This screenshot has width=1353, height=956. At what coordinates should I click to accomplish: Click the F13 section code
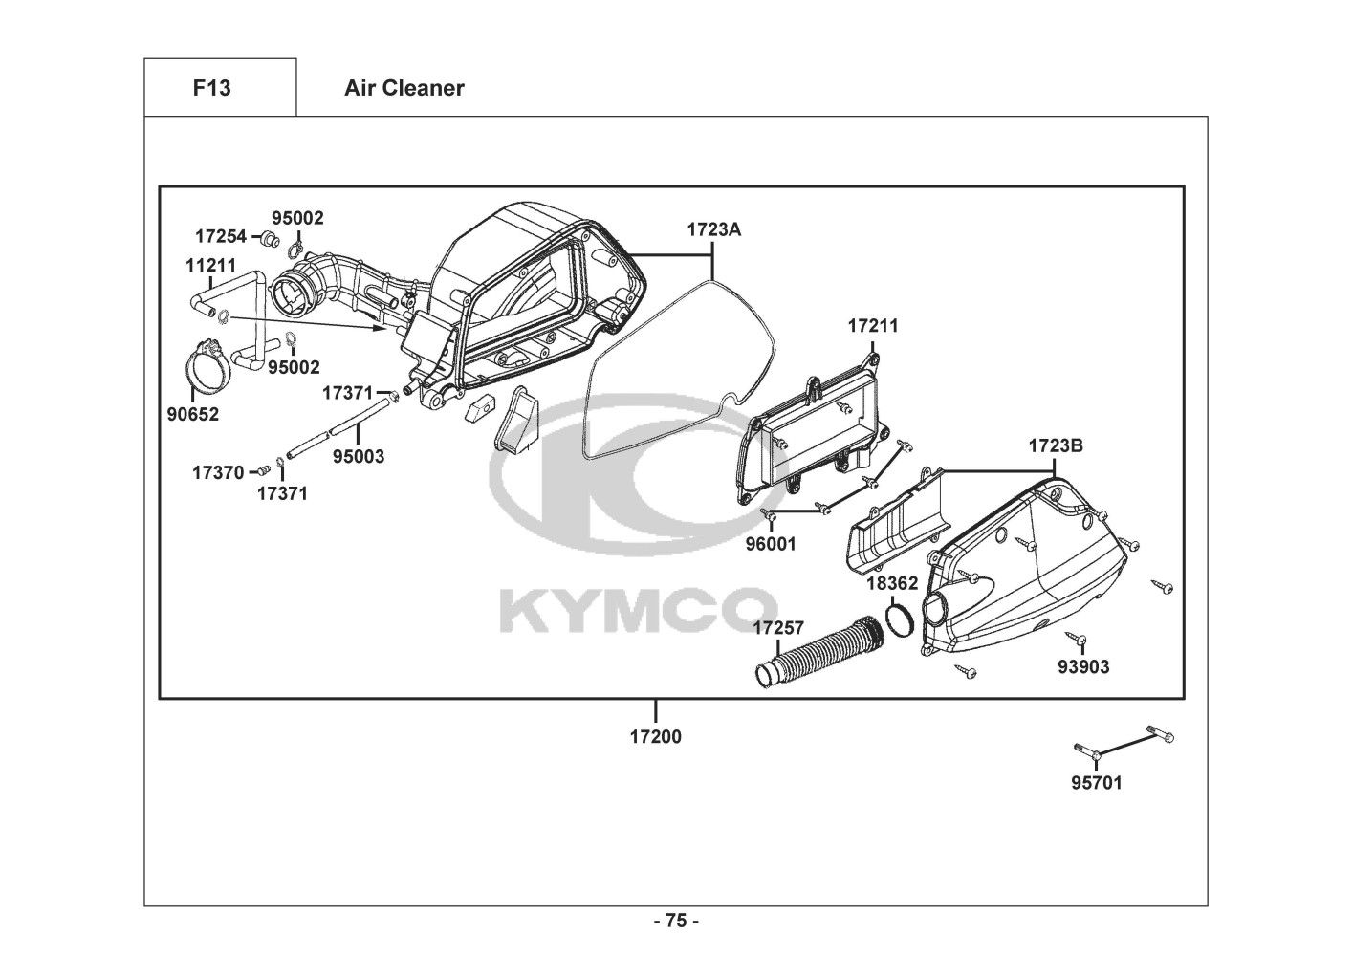tap(211, 88)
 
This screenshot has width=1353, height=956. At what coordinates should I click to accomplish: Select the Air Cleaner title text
tap(404, 88)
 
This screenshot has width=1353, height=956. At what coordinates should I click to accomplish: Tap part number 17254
tap(221, 235)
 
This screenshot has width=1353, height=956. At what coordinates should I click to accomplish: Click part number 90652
tap(194, 414)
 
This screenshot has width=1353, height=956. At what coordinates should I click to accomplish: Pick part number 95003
tap(359, 457)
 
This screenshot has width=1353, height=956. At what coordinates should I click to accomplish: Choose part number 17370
tap(218, 471)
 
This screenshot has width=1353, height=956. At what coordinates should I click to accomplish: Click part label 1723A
tap(713, 229)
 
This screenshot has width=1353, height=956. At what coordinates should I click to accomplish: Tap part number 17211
tap(873, 326)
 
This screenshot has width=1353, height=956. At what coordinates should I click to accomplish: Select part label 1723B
tap(1056, 446)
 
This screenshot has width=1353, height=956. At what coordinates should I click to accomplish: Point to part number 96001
tap(771, 545)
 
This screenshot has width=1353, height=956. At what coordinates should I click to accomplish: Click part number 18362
tap(892, 583)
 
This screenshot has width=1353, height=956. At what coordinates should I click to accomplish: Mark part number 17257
tap(778, 628)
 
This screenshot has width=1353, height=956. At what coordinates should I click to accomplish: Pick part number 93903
tap(1083, 667)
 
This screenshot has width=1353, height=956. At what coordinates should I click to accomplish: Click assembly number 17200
tap(655, 737)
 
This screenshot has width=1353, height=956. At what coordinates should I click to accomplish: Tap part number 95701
tap(1096, 783)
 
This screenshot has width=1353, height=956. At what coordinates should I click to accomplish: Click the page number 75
tap(676, 922)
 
